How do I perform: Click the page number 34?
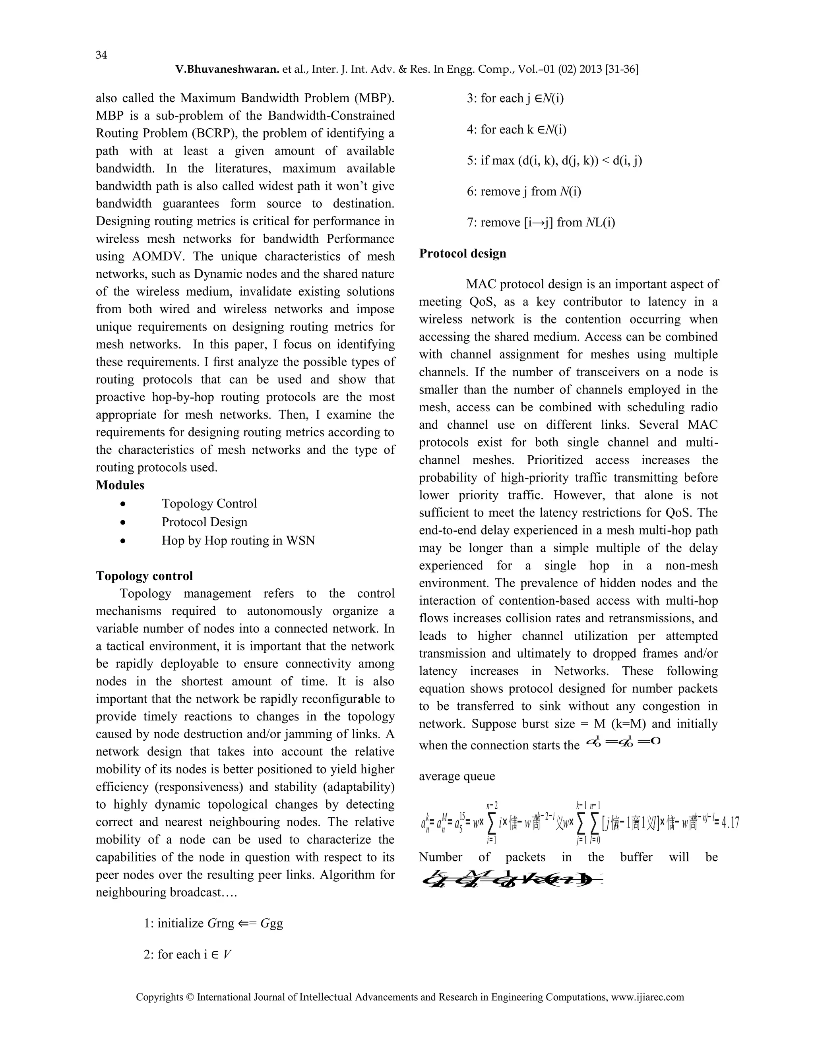(x=101, y=55)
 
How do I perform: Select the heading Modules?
(x=120, y=485)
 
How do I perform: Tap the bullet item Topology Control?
(x=209, y=503)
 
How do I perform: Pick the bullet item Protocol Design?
(x=204, y=522)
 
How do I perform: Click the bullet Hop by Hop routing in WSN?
(x=238, y=540)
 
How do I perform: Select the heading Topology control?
(x=144, y=576)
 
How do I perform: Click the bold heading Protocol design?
(x=463, y=254)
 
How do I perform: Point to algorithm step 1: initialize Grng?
(x=213, y=923)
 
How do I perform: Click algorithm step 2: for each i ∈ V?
(x=188, y=954)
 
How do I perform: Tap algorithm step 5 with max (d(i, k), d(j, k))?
(x=554, y=161)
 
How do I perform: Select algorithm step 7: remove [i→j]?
(x=541, y=223)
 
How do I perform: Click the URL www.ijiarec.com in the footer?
(x=647, y=997)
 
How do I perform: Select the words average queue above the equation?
(x=457, y=776)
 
